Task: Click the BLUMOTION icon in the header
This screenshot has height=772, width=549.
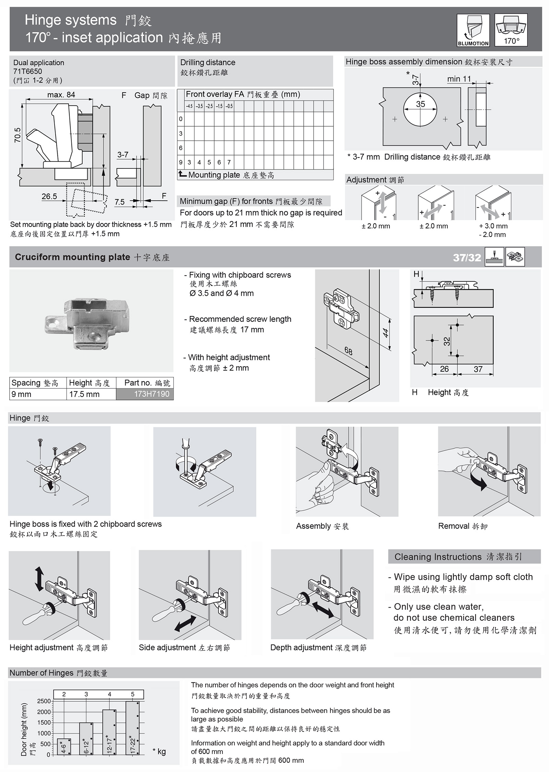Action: point(473,31)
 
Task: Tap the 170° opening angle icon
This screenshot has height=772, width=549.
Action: point(511,31)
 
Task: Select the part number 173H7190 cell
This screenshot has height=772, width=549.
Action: point(145,394)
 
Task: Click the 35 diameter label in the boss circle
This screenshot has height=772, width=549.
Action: point(420,104)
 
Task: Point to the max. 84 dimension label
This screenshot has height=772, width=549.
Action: point(61,95)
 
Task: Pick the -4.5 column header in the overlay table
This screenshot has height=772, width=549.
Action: point(189,106)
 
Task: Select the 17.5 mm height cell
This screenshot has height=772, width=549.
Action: point(84,394)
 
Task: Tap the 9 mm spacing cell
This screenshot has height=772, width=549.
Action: point(21,394)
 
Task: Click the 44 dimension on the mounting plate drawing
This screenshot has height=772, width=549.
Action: point(386,332)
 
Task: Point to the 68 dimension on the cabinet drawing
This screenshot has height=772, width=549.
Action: point(348,351)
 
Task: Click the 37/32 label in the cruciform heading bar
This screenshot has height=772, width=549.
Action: point(467,257)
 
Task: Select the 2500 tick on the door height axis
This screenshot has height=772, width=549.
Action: point(44,701)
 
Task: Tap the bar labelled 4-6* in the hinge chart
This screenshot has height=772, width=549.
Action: point(64,747)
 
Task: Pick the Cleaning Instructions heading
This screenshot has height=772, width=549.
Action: point(458,557)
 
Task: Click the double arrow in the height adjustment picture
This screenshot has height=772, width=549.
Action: point(39,579)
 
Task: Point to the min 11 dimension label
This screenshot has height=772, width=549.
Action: point(459,79)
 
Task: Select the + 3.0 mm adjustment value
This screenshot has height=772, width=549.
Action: point(493,226)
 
